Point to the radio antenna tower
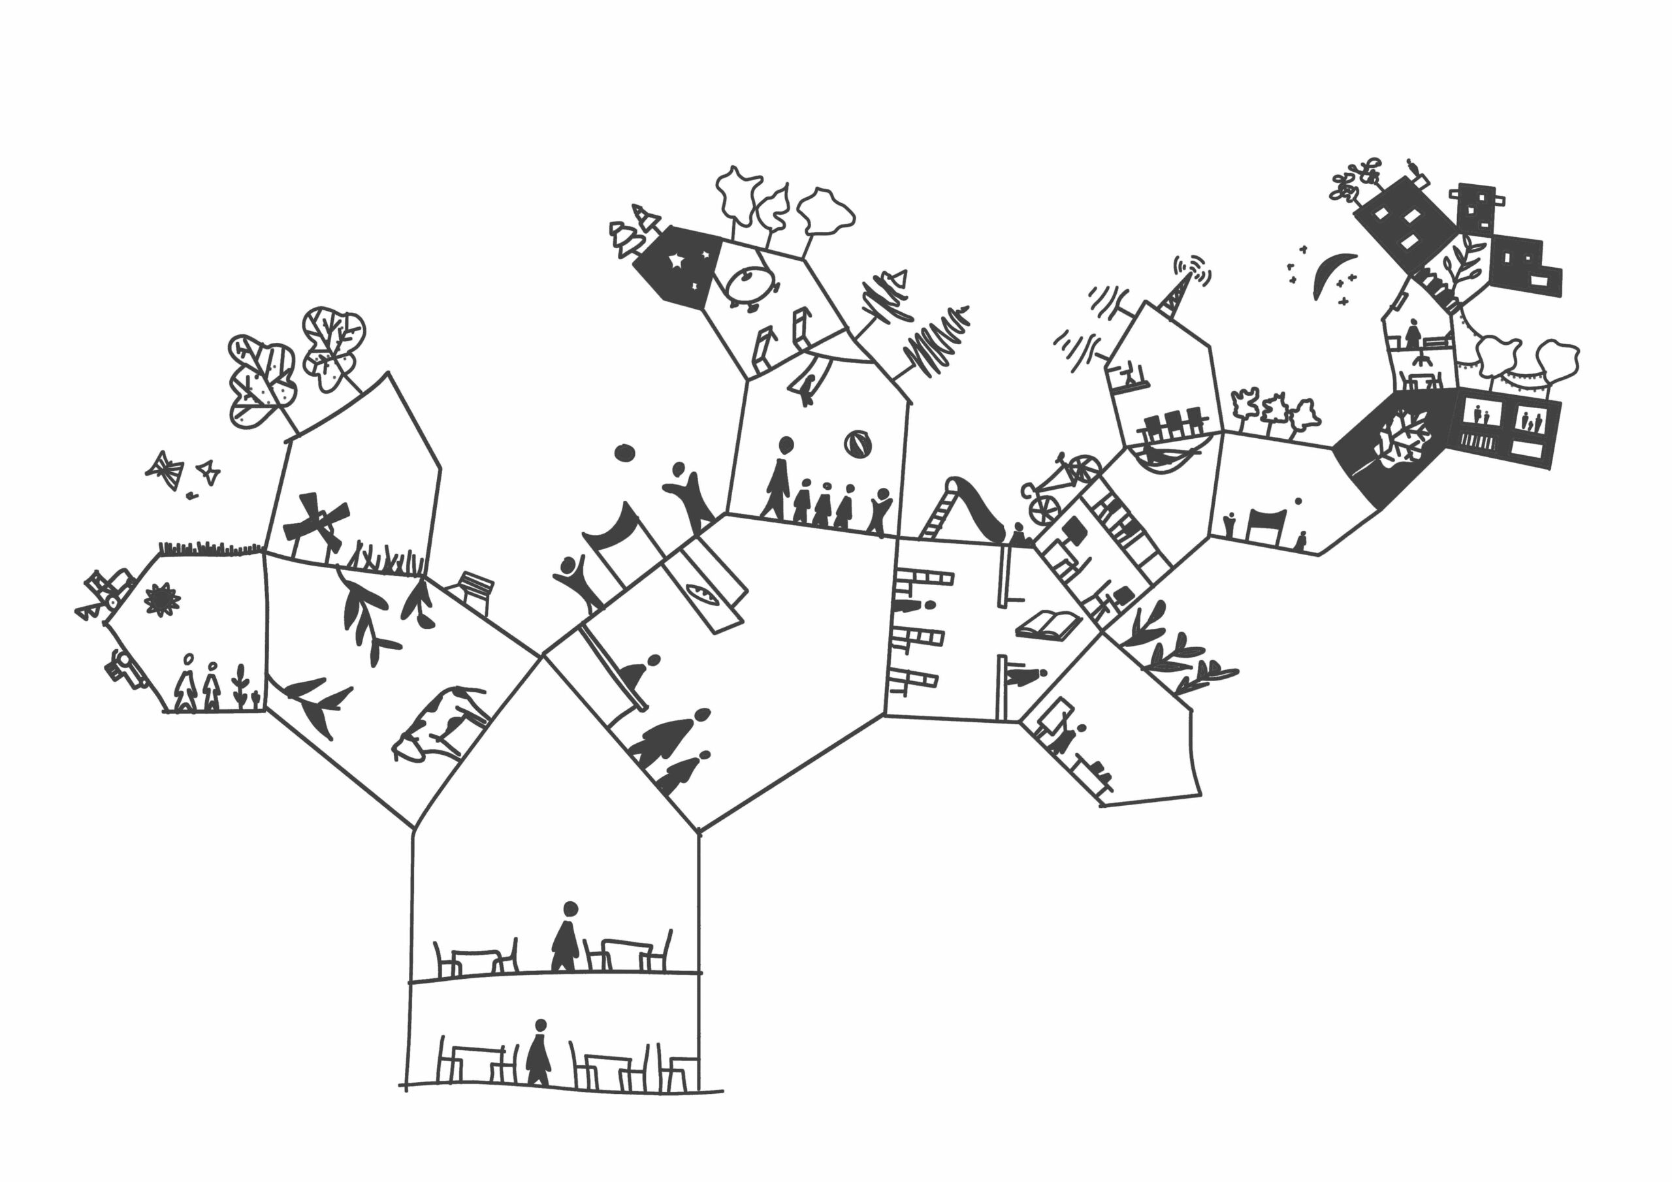pyautogui.click(x=1173, y=297)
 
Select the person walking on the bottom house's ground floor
pyautogui.click(x=538, y=1055)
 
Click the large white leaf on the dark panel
pyautogui.click(x=1402, y=437)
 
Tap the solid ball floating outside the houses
pyautogui.click(x=624, y=453)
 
